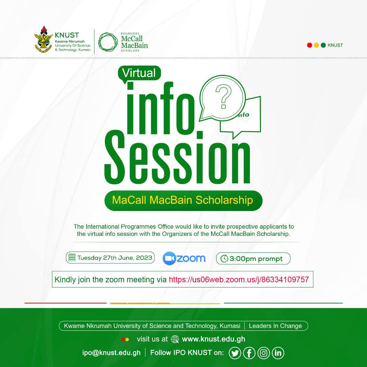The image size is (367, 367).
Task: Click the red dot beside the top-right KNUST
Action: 310,45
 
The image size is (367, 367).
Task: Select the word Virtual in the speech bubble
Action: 139,73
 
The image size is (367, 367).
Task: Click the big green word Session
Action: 177,159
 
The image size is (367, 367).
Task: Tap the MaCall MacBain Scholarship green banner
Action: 183,200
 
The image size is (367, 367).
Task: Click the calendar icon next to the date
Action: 72,258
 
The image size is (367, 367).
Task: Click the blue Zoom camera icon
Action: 169,259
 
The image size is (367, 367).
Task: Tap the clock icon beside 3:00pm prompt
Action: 225,259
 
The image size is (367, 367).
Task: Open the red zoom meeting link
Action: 239,280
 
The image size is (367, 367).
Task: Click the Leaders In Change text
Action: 275,326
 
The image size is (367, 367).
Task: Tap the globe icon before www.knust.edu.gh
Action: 175,339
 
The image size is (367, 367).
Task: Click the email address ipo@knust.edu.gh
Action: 111,353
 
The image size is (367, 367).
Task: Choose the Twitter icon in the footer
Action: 235,353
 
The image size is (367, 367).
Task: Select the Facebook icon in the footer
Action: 249,353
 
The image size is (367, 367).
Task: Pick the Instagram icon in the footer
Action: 264,353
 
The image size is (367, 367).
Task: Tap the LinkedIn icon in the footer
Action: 278,353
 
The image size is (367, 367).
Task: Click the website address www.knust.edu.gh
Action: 213,339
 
